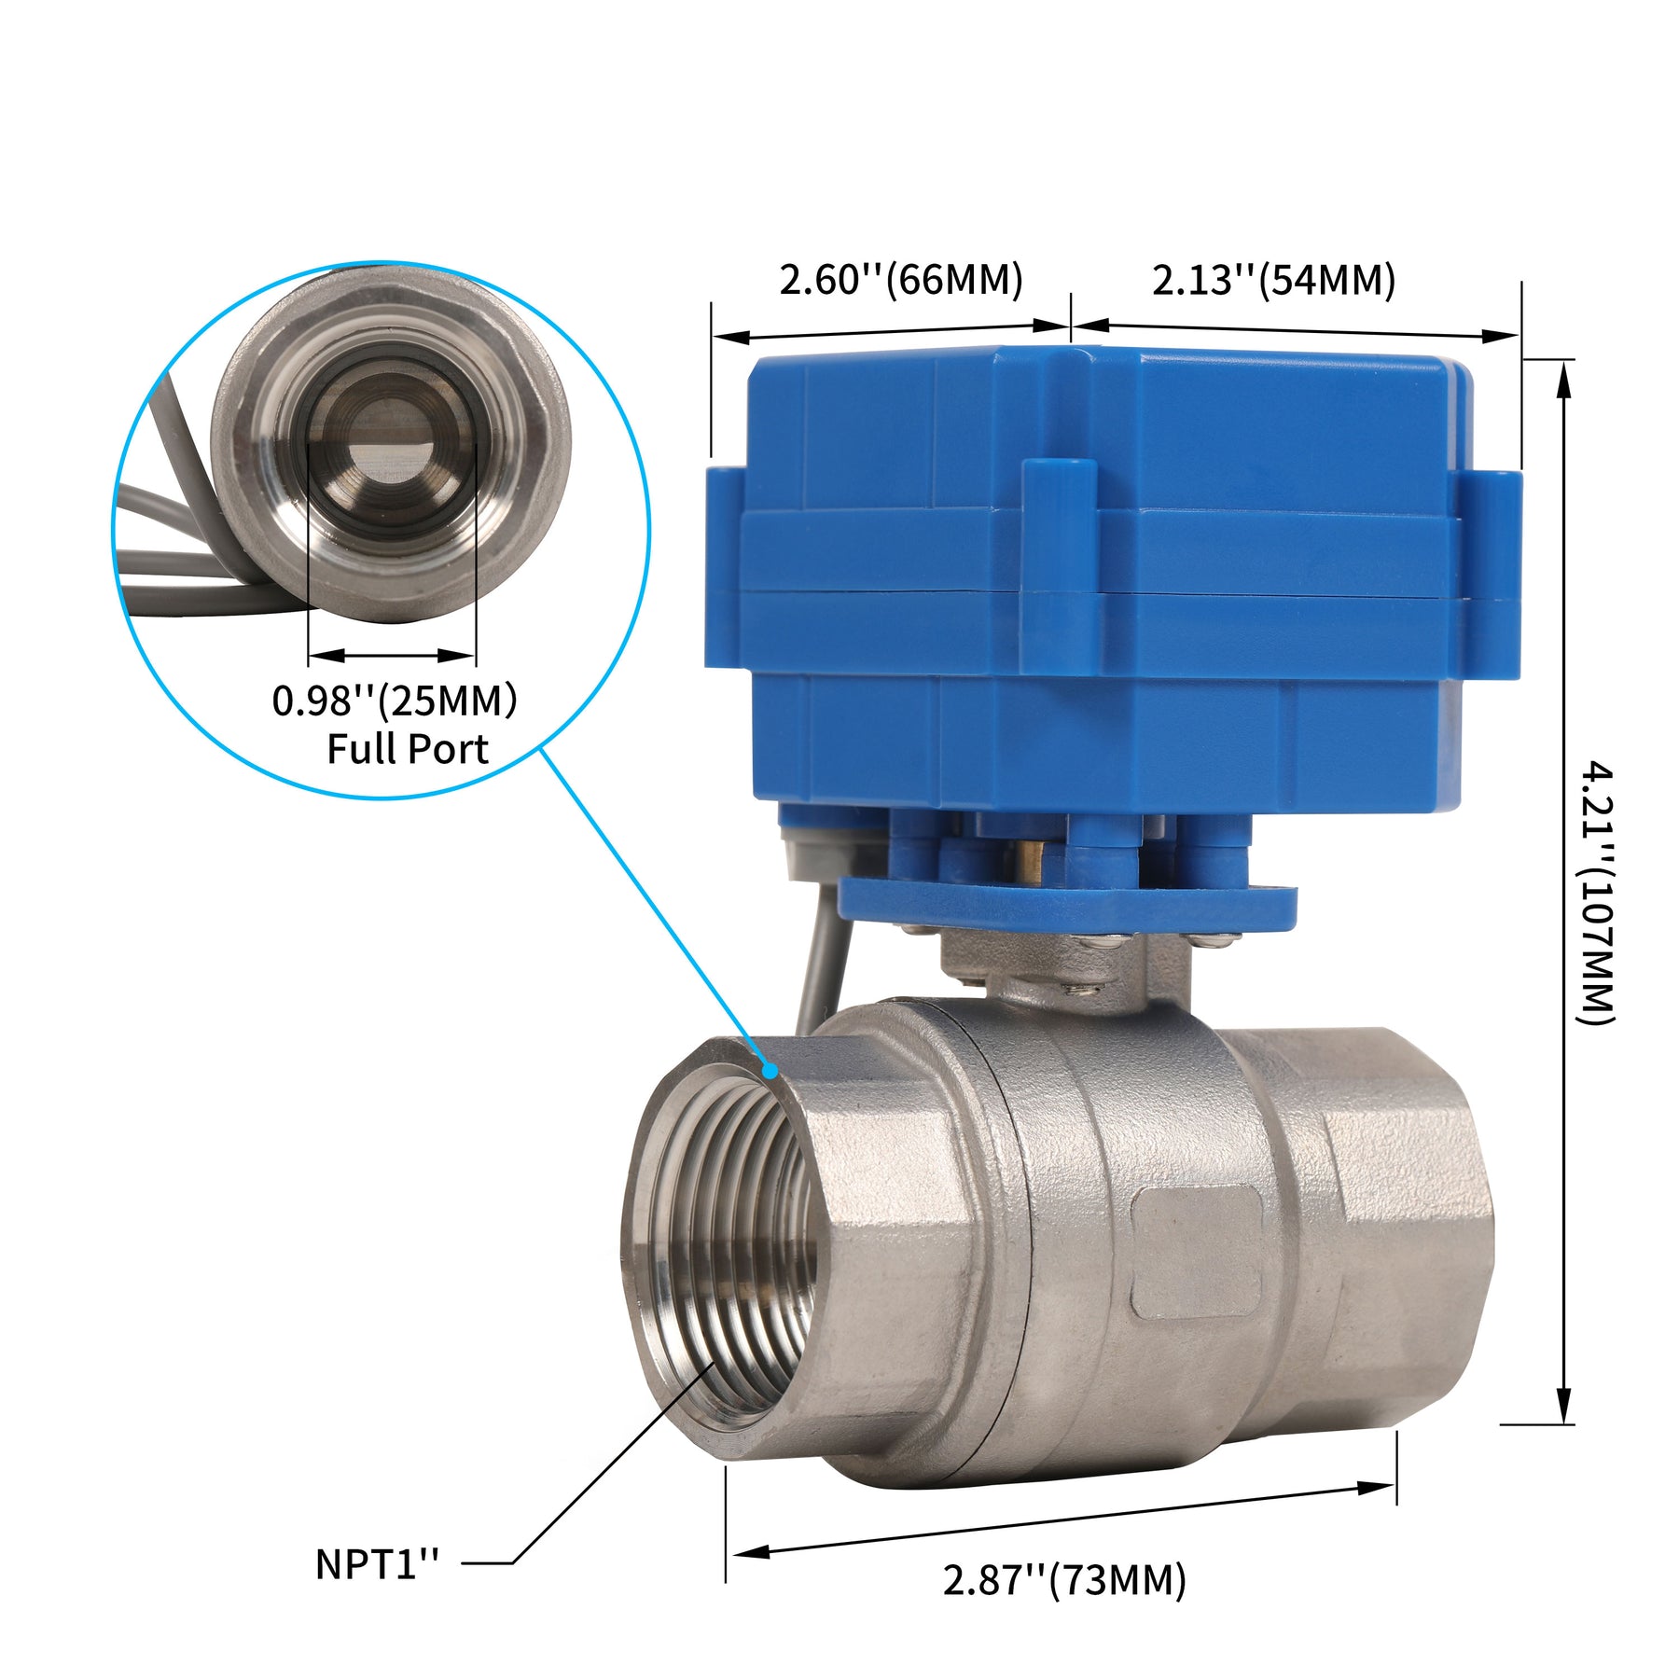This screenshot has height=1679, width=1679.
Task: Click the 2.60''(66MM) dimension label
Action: tap(901, 279)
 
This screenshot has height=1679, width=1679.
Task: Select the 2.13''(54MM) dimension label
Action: tap(1273, 279)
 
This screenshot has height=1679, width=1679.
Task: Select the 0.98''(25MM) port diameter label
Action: tap(395, 701)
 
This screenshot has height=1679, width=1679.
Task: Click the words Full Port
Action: tap(408, 749)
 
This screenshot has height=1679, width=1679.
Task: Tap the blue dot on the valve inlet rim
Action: tap(770, 1071)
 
